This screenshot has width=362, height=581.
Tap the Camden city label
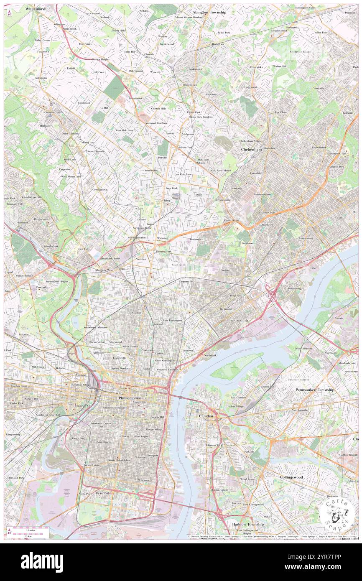[205, 416]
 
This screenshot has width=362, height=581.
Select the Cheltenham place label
[251, 149]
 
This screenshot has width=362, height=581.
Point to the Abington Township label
[209, 12]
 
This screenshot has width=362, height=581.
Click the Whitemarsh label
[36, 8]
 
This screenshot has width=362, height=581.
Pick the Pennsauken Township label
[315, 390]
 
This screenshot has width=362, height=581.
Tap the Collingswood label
[291, 477]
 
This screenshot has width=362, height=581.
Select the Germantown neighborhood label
[100, 189]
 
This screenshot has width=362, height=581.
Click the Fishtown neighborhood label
[188, 350]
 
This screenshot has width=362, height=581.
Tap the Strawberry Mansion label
[95, 327]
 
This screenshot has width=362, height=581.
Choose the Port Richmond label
[239, 321]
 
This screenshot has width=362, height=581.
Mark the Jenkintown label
[195, 69]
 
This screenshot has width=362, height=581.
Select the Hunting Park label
[163, 252]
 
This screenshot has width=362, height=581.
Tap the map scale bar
[28, 530]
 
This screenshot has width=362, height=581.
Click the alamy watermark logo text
[42, 562]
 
